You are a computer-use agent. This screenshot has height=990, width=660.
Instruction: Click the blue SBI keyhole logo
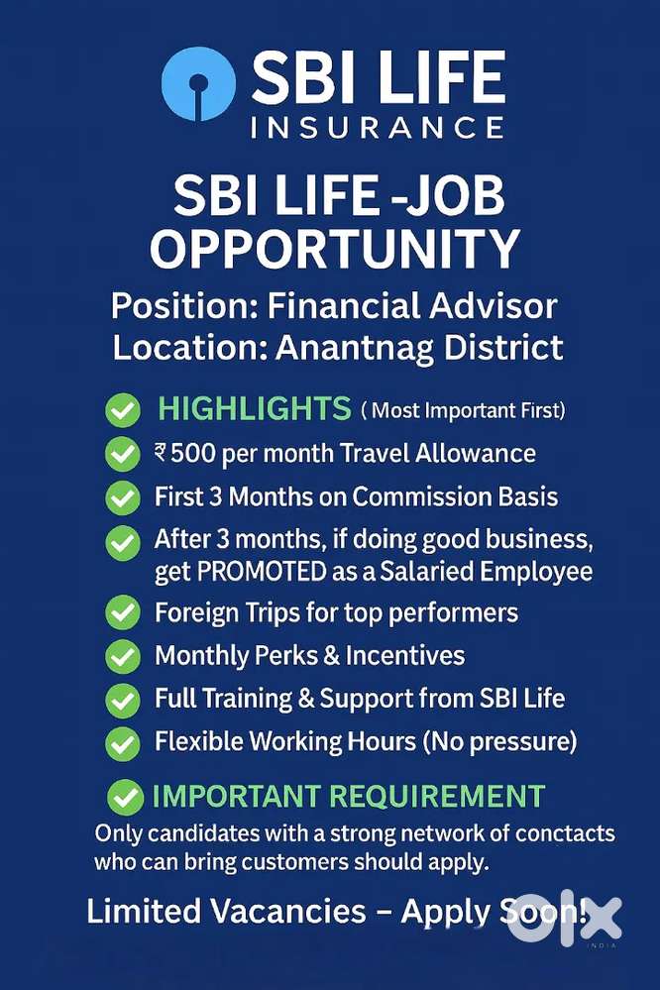point(197,84)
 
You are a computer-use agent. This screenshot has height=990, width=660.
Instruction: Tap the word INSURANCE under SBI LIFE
point(378,128)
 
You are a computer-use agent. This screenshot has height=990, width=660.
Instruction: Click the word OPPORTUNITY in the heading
point(334,250)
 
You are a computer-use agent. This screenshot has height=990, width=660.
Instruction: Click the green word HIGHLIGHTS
point(255,407)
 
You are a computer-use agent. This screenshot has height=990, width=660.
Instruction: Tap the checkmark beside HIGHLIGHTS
point(123,409)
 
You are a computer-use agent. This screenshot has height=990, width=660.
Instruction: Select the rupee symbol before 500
point(161,454)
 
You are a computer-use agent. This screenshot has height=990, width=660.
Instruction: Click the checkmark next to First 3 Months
point(123,497)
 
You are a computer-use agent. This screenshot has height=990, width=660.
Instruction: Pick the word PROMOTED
point(239,572)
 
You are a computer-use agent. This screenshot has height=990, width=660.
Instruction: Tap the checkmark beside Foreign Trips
point(123,614)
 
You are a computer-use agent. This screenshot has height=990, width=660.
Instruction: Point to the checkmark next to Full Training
point(123,700)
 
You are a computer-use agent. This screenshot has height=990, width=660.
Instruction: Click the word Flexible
point(196,740)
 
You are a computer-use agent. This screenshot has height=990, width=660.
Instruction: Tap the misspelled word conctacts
point(558,832)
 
